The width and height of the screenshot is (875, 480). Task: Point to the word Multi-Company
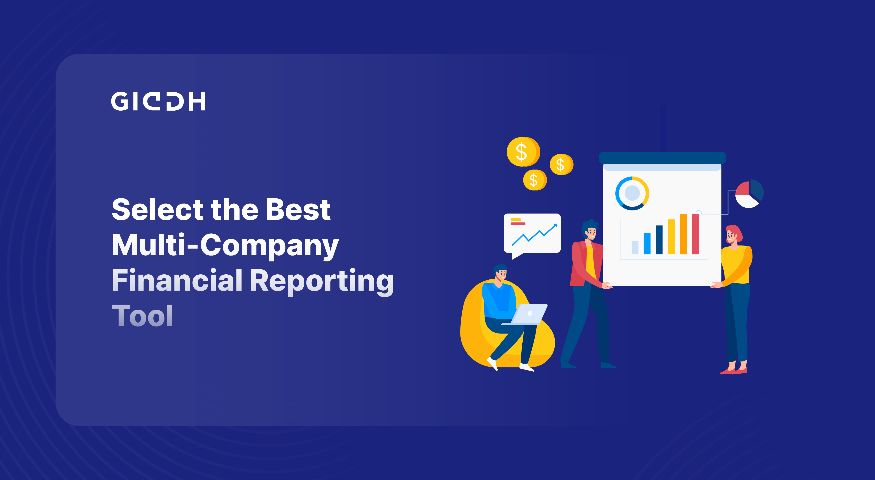pyautogui.click(x=225, y=245)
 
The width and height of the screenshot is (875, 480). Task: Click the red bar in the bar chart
pyautogui.click(x=695, y=234)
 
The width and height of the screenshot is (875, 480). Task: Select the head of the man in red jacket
pyautogui.click(x=590, y=231)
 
